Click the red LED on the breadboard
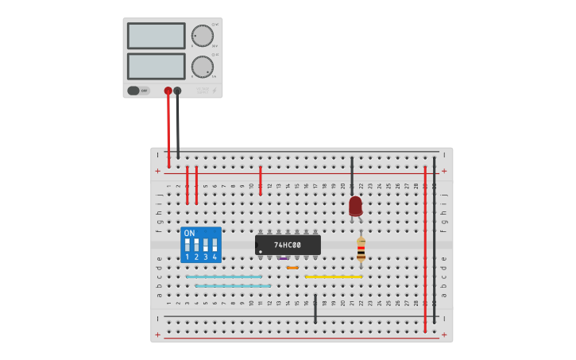[355, 206]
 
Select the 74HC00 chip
[288, 245]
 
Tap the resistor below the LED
[361, 249]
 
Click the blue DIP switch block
[200, 245]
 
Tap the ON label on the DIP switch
[189, 233]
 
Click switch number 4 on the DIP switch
[215, 246]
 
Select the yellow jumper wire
[334, 277]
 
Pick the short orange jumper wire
[292, 268]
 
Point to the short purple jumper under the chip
[284, 258]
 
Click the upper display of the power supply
[156, 36]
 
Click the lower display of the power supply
[156, 66]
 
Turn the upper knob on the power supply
[202, 36]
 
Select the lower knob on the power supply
[202, 67]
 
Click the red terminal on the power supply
[168, 91]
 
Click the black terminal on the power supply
[177, 91]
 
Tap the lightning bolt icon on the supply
[214, 91]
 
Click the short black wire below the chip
[315, 309]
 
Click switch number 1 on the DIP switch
[187, 246]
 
